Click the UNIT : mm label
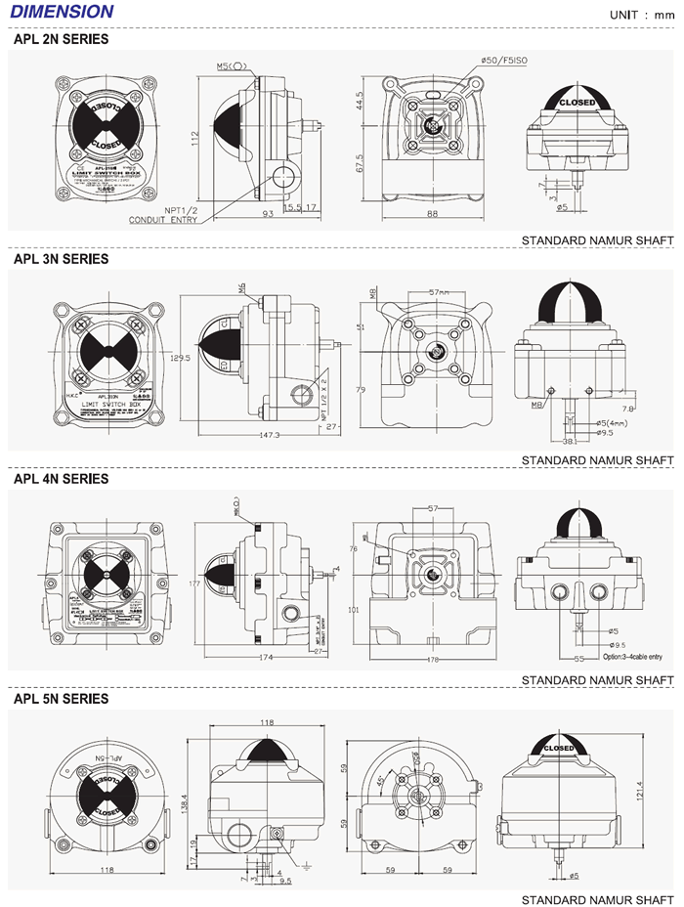tap(641, 15)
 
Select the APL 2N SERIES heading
tap(61, 40)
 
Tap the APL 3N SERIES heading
tap(61, 259)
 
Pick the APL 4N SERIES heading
tap(61, 479)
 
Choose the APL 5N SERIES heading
tap(61, 699)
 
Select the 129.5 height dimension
tap(179, 359)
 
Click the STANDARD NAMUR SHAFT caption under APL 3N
tap(597, 459)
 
